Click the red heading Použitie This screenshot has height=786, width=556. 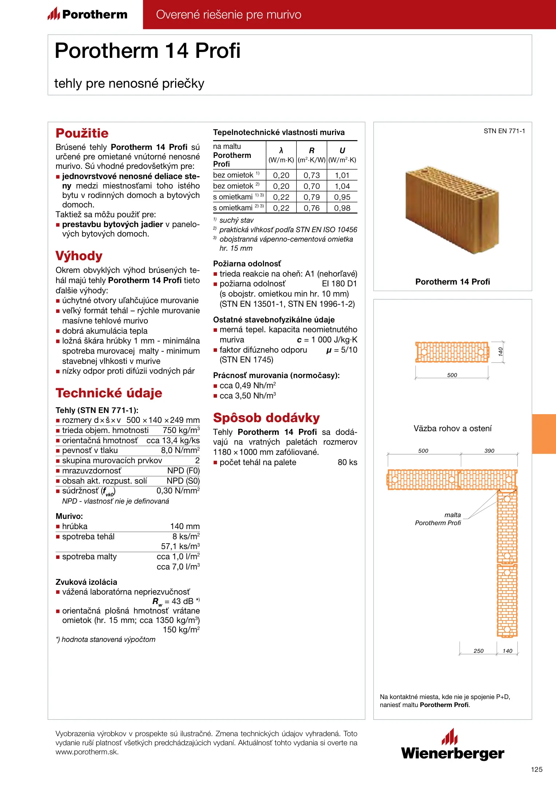point(82,133)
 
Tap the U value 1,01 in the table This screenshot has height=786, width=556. point(342,175)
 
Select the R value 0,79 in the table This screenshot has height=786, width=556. point(312,197)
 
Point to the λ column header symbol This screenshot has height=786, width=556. point(281,150)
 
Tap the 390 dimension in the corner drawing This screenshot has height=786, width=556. point(489,451)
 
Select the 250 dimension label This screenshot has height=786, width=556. point(478,651)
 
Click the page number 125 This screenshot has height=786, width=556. point(536,769)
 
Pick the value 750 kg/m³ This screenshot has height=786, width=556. point(181,430)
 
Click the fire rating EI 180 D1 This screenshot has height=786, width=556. point(339,284)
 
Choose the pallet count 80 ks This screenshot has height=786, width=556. point(347,463)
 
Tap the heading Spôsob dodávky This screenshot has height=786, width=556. point(266,418)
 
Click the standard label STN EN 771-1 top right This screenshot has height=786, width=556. point(504,131)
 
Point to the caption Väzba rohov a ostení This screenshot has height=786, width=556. point(452,429)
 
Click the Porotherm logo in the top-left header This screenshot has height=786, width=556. point(87,15)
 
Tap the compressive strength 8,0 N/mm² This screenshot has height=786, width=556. point(180,450)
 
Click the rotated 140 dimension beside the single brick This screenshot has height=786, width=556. point(501,352)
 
